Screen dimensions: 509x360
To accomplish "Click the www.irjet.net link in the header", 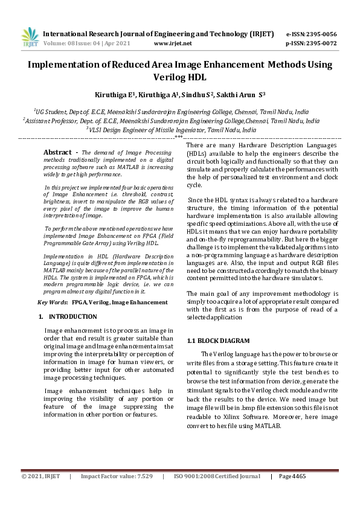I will (173, 43).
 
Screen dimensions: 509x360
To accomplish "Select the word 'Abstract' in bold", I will (58, 152).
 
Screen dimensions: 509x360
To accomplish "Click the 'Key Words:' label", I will (53, 301).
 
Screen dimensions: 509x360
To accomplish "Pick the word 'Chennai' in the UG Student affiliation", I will (245, 112).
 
